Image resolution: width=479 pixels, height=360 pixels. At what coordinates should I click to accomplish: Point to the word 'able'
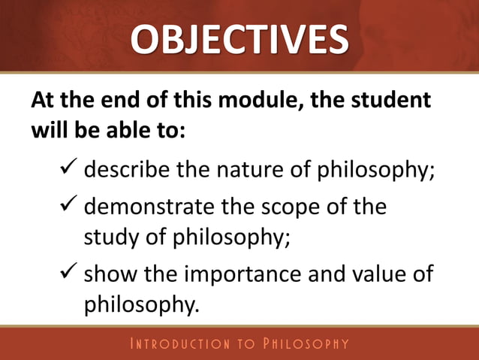(107, 129)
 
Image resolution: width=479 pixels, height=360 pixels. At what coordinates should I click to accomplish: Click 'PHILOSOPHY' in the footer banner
(305, 344)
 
